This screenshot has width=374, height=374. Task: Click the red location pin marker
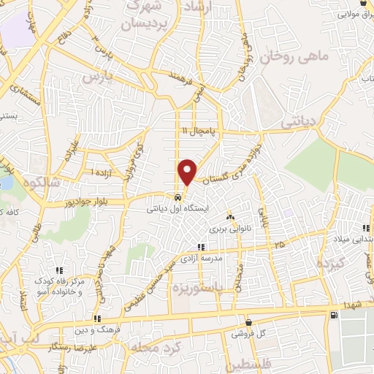point(188,171)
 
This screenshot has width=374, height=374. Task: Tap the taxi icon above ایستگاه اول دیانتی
point(178,198)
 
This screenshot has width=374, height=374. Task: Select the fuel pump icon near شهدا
point(333,316)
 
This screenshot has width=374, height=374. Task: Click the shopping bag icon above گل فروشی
point(248,321)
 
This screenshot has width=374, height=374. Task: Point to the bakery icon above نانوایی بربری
point(231,218)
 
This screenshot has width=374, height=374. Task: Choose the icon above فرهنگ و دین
point(96,318)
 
